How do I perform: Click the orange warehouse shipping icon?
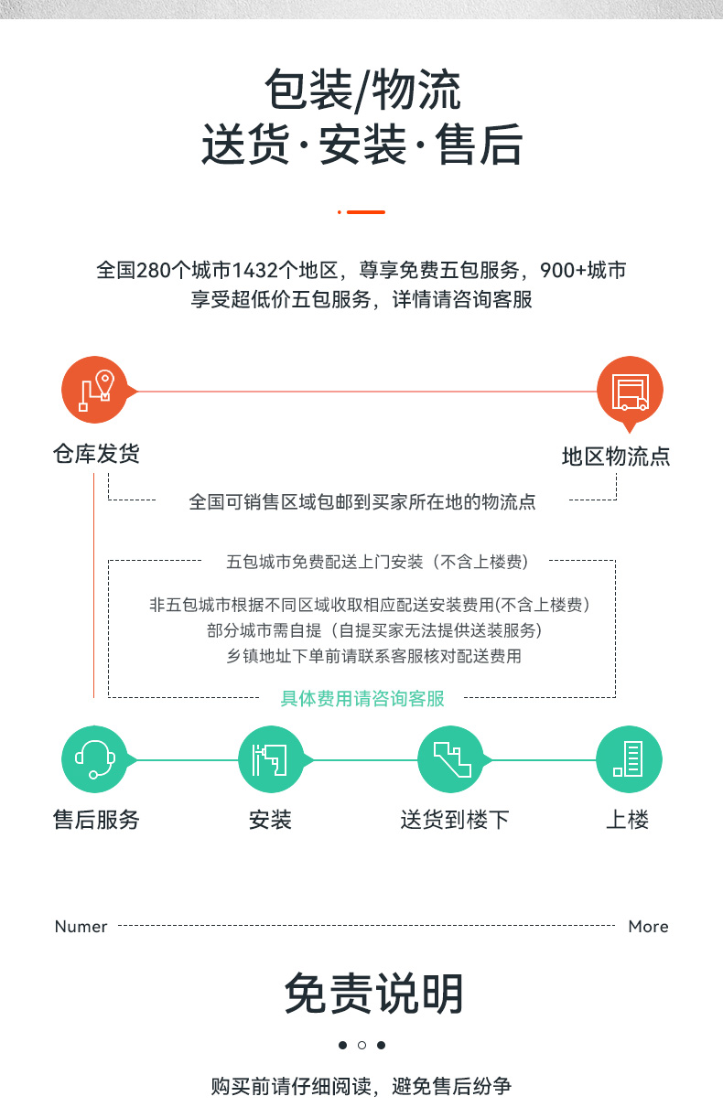(x=95, y=390)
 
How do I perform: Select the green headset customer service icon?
(x=95, y=759)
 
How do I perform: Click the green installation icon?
(x=271, y=759)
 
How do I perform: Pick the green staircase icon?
(x=451, y=759)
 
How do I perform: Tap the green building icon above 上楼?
(x=629, y=759)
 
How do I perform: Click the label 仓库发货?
(x=96, y=454)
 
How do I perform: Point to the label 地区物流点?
(x=616, y=457)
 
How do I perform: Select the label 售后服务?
(x=96, y=820)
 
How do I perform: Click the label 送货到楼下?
(x=455, y=820)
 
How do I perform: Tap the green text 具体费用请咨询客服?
(x=362, y=698)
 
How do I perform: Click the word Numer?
(x=81, y=927)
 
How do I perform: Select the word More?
(x=648, y=927)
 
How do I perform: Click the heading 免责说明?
(x=374, y=994)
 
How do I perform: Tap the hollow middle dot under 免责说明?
(x=362, y=1045)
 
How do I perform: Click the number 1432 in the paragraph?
(x=255, y=270)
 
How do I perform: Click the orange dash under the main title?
(x=366, y=212)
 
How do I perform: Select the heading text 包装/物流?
(x=363, y=89)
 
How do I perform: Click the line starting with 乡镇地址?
(x=374, y=656)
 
